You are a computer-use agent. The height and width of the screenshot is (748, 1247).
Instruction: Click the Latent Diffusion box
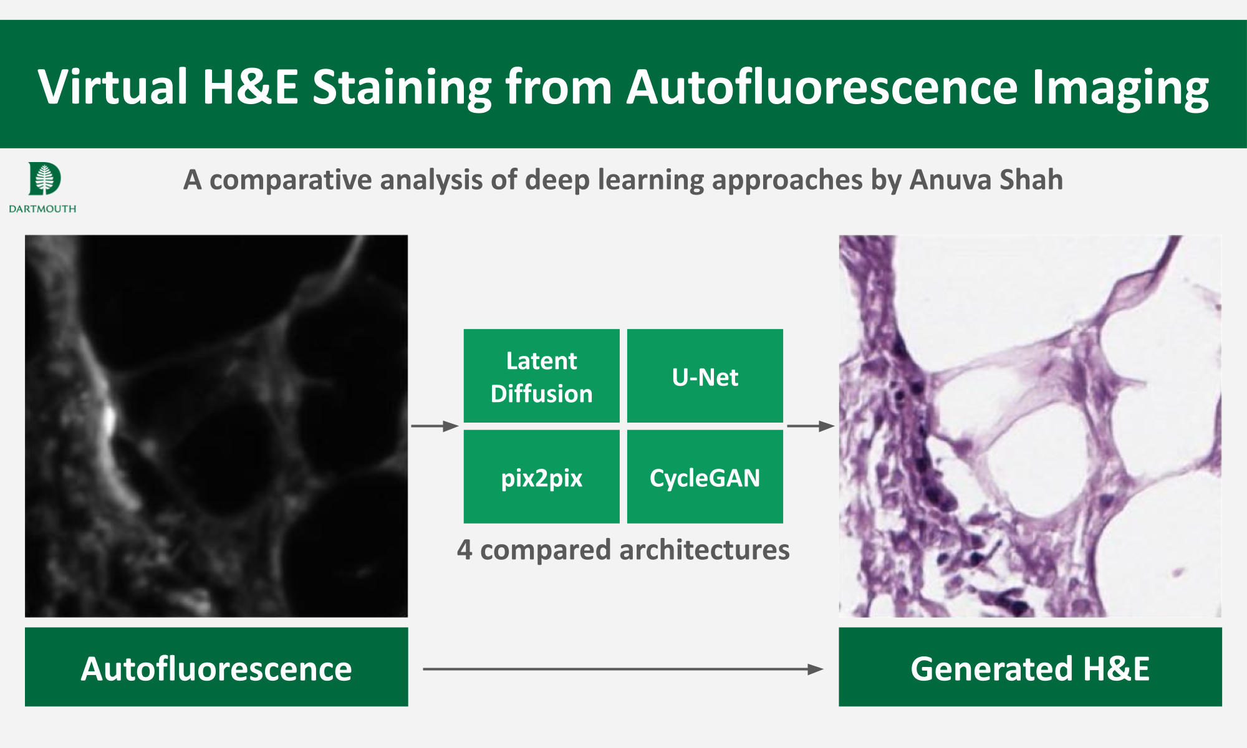[541, 376]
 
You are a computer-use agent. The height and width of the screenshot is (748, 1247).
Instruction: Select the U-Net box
[705, 376]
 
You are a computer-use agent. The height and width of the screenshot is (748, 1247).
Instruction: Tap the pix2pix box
[541, 477]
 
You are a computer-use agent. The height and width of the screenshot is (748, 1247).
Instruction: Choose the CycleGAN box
[705, 477]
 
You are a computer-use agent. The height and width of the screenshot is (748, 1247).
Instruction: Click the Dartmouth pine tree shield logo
[44, 179]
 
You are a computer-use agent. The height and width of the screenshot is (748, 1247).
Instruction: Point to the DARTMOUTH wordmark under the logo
[42, 209]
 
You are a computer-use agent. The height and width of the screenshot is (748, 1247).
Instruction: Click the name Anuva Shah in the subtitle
[986, 180]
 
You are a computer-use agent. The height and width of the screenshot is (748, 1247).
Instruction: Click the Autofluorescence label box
[216, 667]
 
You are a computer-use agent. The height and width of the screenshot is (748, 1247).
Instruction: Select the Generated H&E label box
[1030, 667]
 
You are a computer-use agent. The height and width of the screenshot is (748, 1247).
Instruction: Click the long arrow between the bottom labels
[623, 669]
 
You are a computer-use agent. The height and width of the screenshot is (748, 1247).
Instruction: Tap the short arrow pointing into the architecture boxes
[435, 426]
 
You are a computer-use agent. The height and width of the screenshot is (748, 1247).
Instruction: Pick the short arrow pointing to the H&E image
[811, 426]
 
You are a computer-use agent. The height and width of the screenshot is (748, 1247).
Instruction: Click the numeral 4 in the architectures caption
[465, 550]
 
